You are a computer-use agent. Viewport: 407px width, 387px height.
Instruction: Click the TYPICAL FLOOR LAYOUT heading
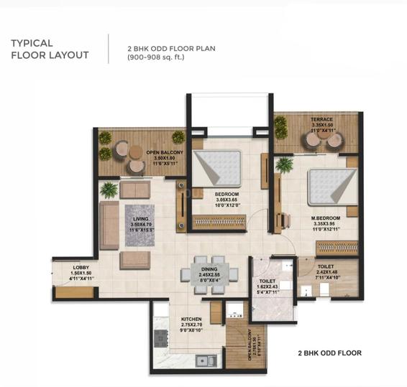tap(50, 49)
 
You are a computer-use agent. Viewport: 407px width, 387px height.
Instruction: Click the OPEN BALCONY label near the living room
tap(165, 157)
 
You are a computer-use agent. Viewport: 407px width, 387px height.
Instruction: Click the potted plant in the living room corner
tap(109, 190)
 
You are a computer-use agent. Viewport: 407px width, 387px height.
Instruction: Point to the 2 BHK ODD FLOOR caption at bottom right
tap(329, 353)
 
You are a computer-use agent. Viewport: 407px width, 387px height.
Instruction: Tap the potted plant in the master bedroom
tap(285, 164)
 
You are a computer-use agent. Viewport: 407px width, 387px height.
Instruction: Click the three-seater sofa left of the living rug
tap(109, 225)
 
